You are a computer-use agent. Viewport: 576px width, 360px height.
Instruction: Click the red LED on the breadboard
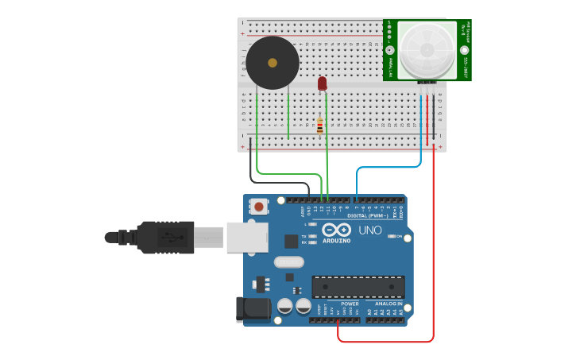pyautogui.click(x=322, y=83)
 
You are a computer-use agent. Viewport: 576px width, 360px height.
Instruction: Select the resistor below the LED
pyautogui.click(x=320, y=126)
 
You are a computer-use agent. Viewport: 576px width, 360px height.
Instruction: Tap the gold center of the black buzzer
pyautogui.click(x=273, y=63)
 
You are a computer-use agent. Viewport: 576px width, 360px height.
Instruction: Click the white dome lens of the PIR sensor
pyautogui.click(x=427, y=49)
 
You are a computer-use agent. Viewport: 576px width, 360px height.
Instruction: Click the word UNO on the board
pyautogui.click(x=370, y=230)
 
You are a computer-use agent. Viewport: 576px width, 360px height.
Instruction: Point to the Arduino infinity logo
pyautogui.click(x=336, y=230)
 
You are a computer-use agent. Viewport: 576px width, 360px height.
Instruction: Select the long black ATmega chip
pyautogui.click(x=358, y=286)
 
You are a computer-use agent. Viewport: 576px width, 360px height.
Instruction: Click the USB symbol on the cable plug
pyautogui.click(x=167, y=237)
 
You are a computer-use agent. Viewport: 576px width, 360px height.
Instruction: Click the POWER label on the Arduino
pyautogui.click(x=350, y=304)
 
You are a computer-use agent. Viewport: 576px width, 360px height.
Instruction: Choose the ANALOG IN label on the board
pyautogui.click(x=389, y=304)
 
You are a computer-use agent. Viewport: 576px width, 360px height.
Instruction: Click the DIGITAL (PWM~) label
pyautogui.click(x=367, y=215)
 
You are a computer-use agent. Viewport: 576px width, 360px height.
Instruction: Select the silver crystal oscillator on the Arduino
pyautogui.click(x=288, y=261)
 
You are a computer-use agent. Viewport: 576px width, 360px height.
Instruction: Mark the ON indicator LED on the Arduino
pyautogui.click(x=392, y=236)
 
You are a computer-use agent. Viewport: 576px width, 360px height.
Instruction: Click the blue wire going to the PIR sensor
pyautogui.click(x=389, y=168)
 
